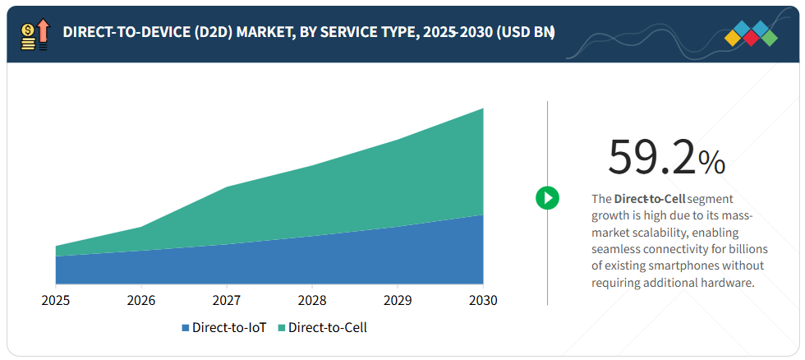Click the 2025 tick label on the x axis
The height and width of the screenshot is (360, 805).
pos(56,301)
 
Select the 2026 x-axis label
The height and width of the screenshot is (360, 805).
pos(141,301)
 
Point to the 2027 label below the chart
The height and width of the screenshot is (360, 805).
pos(227,301)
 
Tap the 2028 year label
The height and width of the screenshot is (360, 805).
pos(312,301)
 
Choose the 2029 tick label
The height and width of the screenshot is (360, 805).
pos(398,301)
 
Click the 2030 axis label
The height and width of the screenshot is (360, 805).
pos(483,301)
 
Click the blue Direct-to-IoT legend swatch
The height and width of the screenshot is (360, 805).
pos(186,328)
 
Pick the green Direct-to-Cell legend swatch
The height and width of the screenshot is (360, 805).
pos(282,328)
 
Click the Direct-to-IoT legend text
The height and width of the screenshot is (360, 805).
pos(230,328)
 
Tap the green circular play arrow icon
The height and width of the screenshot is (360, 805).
pos(548,197)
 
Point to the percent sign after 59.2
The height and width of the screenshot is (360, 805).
pos(711,163)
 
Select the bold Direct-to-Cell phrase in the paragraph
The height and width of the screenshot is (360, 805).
pos(649,199)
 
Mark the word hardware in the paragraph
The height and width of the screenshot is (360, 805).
pos(726,282)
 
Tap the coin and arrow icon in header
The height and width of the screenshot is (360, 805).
pos(34,32)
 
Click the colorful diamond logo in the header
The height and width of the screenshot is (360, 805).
pos(751,33)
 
